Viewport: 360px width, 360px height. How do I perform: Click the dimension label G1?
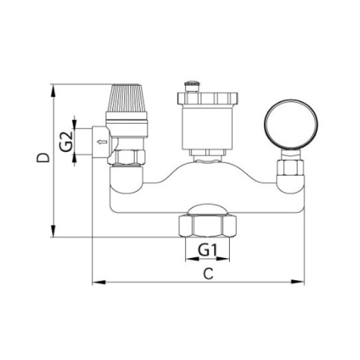pos(208,250)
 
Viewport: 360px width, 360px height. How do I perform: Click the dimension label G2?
pos(66,141)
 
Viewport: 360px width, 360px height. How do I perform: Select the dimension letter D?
pos(43,158)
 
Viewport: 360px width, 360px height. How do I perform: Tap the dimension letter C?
pos(208,274)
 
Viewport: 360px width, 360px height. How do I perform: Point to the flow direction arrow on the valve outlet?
pos(102,142)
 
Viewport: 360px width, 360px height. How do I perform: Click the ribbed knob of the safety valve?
pos(126,98)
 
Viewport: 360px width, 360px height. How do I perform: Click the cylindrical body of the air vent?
pos(208,128)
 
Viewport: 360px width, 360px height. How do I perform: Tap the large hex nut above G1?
pos(208,226)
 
